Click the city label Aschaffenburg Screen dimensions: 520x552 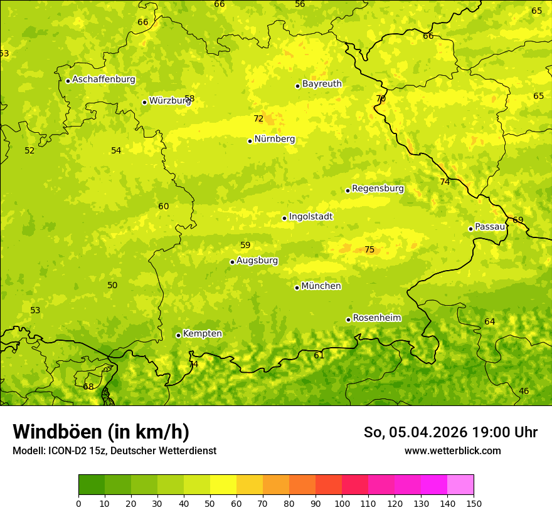point(103,80)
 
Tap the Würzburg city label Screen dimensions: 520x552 point(169,101)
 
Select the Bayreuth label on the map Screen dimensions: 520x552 point(322,84)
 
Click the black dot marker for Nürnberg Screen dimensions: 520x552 point(250,141)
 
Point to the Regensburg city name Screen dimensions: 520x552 point(378,189)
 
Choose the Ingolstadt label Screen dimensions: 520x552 point(310,217)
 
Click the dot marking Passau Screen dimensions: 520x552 point(470,229)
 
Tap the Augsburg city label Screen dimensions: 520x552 point(257,261)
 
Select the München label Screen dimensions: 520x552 point(321,286)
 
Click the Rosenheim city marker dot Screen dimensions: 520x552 point(348,320)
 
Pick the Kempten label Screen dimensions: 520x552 point(202,334)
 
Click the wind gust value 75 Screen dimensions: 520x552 point(369,250)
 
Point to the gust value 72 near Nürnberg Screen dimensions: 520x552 point(258,119)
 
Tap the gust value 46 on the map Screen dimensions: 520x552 point(524,392)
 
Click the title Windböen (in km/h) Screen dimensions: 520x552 point(101,432)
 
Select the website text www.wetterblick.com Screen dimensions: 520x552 point(452,451)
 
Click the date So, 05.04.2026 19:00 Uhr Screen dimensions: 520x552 point(450,432)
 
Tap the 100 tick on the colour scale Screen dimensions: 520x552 point(342,503)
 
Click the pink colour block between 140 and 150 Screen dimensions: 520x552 point(460,485)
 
